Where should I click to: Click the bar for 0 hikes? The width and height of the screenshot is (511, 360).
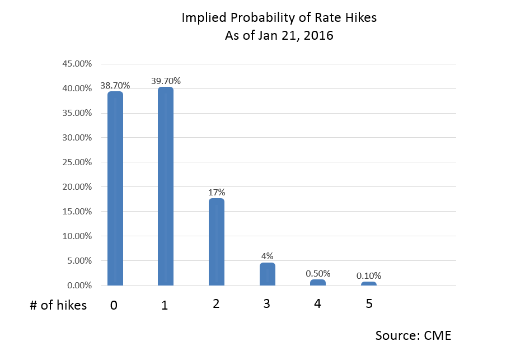[115, 188]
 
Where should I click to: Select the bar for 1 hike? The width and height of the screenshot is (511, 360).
[166, 186]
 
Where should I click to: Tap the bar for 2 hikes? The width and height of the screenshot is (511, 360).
[216, 242]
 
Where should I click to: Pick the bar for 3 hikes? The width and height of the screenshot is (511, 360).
[267, 274]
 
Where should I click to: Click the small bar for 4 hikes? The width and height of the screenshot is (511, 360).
[318, 283]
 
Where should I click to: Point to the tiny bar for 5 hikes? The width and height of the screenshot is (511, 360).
[369, 284]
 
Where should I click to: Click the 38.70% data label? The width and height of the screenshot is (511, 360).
[115, 86]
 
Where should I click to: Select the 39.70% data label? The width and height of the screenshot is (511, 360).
[166, 81]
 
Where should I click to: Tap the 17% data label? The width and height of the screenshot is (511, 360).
[217, 192]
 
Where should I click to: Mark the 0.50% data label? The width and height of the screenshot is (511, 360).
[318, 273]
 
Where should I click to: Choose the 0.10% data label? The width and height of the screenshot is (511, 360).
[369, 275]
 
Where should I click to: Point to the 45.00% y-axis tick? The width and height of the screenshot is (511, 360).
[77, 64]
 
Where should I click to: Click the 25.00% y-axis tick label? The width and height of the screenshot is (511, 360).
[77, 162]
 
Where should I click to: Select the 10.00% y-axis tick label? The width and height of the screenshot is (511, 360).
[77, 236]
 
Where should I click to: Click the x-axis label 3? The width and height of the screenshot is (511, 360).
[267, 304]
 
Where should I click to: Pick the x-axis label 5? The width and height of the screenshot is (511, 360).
[369, 304]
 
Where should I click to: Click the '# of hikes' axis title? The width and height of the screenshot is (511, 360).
[58, 305]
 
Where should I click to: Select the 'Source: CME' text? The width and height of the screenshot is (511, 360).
[413, 335]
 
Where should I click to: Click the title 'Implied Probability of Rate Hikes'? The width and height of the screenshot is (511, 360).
[279, 18]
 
